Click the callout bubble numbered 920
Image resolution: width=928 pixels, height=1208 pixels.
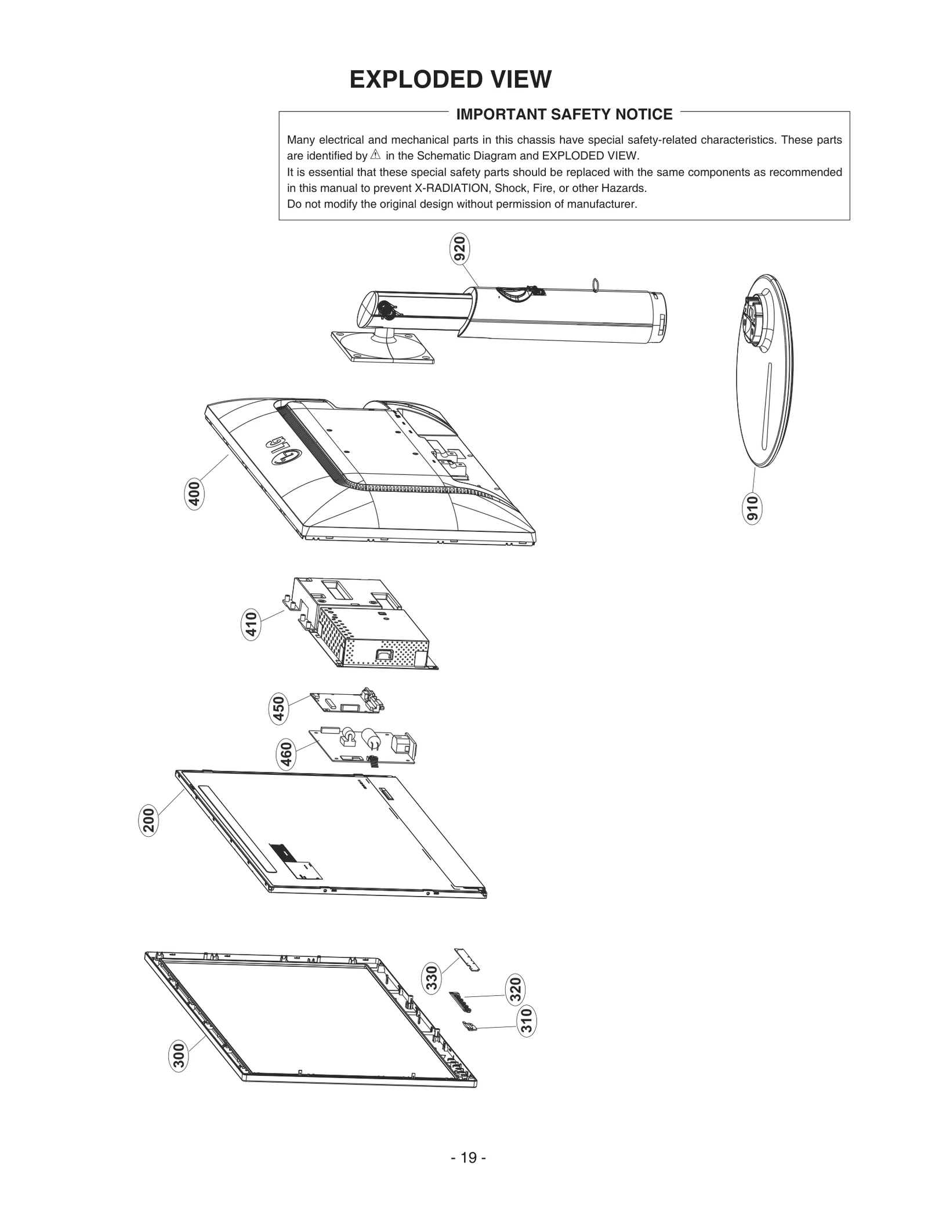(460, 250)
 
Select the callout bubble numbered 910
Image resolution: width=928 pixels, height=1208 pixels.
(752, 509)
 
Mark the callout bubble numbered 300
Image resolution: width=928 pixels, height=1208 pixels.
(179, 1055)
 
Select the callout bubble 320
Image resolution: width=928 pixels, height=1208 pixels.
(514, 990)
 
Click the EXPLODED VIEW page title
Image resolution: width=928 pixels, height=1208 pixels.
(450, 79)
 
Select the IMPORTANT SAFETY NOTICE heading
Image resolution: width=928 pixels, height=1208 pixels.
(564, 114)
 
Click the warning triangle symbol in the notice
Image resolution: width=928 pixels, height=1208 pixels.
(375, 155)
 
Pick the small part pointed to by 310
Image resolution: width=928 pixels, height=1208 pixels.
(469, 1026)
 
